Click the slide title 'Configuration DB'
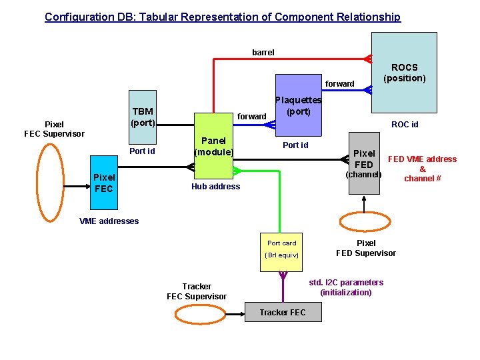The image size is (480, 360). pos(223,17)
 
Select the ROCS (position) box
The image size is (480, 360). pos(404,72)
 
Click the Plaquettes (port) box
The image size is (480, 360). pos(298,105)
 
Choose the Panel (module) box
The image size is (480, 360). pos(213,146)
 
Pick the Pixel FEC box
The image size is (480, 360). pos(103,183)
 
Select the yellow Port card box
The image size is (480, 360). pos(282,249)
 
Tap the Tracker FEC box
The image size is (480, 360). pos(283,312)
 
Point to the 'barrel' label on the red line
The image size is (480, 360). pos(263,52)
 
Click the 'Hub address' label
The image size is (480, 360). pos(215,187)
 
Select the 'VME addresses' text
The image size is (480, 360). pos(109,221)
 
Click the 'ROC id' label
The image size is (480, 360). pos(405,124)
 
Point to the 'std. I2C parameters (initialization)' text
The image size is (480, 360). pos(346,287)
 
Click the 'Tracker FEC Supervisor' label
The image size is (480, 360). pos(197,291)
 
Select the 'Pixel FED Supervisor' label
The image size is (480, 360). pos(366,248)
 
